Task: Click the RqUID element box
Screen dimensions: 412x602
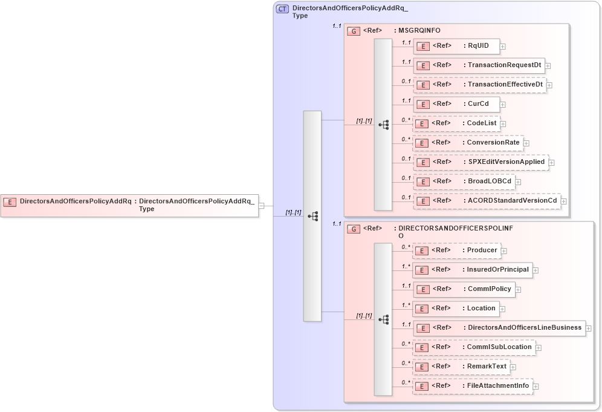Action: [456, 46]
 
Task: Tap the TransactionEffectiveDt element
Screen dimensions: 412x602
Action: [479, 85]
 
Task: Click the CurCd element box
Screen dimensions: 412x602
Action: [456, 104]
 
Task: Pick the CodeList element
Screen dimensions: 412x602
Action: [456, 123]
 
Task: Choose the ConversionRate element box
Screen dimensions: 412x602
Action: [467, 143]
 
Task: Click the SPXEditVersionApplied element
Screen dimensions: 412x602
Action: [481, 162]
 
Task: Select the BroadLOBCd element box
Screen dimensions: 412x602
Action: [464, 181]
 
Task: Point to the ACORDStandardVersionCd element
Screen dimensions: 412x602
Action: [487, 201]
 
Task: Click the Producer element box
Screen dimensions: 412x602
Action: [456, 250]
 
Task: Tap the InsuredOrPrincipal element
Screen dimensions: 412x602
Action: [472, 270]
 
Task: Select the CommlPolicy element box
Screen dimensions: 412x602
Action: [464, 289]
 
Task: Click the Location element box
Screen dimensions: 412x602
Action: [456, 309]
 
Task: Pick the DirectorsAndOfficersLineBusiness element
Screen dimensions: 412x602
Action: [499, 328]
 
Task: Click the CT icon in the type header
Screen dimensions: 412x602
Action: [282, 9]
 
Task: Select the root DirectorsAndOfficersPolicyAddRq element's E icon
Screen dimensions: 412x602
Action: [10, 201]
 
